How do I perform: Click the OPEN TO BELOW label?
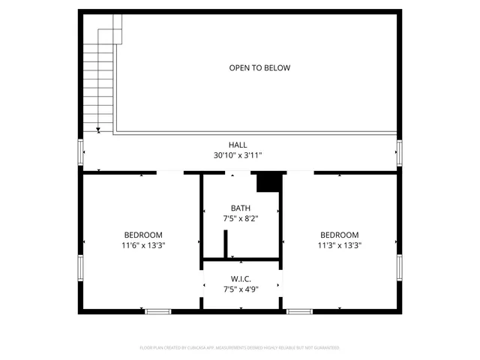[x=259, y=68]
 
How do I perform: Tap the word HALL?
[x=238, y=145]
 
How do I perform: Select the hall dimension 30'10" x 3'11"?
[x=238, y=155]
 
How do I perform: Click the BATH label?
[x=241, y=208]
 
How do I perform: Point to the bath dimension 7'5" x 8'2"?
[x=241, y=218]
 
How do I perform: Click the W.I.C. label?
[x=241, y=278]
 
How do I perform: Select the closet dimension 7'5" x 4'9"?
[x=241, y=289]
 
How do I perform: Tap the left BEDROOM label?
[x=143, y=235]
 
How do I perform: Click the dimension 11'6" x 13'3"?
[x=143, y=245]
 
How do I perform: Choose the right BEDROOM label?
[x=339, y=235]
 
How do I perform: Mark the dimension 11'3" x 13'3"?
[x=339, y=245]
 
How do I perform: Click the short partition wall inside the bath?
[x=225, y=244]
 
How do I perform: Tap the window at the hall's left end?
[x=80, y=153]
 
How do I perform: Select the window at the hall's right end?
[x=400, y=153]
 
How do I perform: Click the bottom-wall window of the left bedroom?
[x=157, y=311]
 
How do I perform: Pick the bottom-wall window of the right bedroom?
[x=300, y=311]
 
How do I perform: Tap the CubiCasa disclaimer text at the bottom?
[x=240, y=348]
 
